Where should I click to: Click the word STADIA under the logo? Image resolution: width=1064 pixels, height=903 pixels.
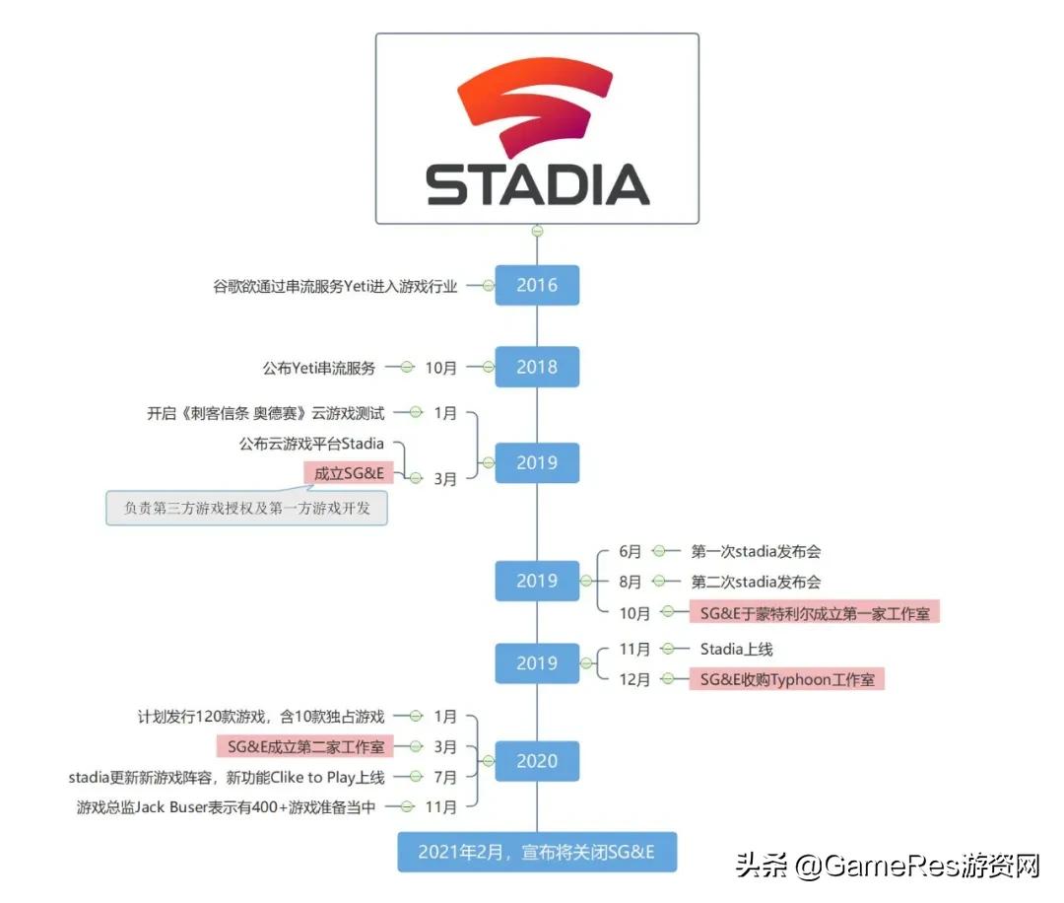point(538,184)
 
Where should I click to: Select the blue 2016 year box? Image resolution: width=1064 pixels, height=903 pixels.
point(537,285)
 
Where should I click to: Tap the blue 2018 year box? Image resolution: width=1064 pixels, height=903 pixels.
point(537,367)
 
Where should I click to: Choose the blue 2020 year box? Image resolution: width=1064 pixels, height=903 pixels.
point(537,761)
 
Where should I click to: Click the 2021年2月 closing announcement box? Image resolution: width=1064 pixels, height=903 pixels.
point(537,852)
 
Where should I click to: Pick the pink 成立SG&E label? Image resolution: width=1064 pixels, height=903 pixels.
point(349,473)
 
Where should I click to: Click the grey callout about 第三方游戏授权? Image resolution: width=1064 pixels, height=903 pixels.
point(247,508)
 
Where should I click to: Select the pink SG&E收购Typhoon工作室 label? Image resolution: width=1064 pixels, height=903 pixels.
point(787,679)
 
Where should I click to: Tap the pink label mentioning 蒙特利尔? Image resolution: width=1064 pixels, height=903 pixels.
point(815,613)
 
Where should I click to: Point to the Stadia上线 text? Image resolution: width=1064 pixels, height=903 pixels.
point(736,649)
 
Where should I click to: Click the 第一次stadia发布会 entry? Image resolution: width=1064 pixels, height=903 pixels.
point(756,551)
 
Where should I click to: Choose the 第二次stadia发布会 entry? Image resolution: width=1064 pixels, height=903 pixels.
point(756,582)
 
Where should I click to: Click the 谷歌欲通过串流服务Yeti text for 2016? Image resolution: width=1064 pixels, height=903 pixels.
point(335,286)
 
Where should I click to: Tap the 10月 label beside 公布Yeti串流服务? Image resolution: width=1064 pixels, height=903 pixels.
point(440,368)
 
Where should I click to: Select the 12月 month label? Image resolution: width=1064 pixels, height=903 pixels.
point(634,679)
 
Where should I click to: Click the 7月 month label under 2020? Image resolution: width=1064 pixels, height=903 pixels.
point(445,777)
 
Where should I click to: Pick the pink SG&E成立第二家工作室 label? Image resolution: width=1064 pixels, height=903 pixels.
point(305,747)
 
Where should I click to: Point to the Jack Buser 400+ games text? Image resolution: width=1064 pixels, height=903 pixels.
point(226,807)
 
